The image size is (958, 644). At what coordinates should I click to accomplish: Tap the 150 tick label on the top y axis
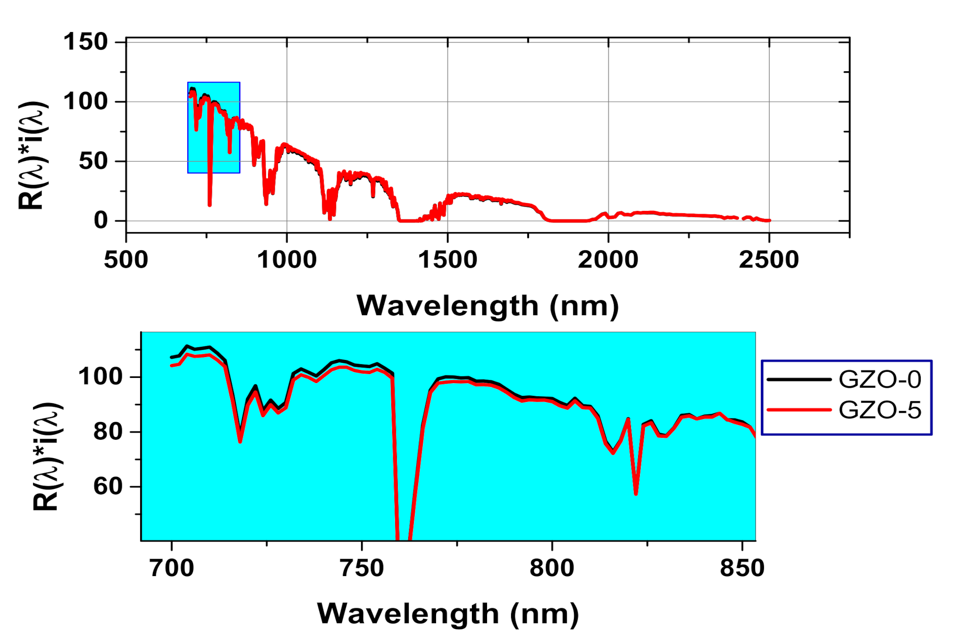click(x=86, y=42)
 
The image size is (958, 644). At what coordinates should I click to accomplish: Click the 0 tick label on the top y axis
click(x=101, y=221)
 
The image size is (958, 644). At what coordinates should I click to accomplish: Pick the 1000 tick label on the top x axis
click(x=287, y=260)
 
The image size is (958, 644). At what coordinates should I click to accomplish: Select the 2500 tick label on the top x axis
click(x=769, y=260)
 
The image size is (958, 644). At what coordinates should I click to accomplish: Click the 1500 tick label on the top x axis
click(x=447, y=260)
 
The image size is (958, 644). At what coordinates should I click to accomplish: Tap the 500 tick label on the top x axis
click(x=126, y=260)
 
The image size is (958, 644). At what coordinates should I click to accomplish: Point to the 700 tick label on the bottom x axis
click(x=172, y=568)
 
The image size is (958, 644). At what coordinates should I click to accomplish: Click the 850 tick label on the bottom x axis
click(x=742, y=568)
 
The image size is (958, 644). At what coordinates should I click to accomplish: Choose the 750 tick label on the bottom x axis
click(x=362, y=568)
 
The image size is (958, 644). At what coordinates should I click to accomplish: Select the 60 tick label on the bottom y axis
click(x=108, y=486)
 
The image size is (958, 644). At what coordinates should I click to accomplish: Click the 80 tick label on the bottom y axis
click(x=108, y=432)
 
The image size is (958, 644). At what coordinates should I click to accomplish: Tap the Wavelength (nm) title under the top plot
click(x=487, y=306)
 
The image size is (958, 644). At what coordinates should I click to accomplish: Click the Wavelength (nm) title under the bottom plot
click(x=447, y=614)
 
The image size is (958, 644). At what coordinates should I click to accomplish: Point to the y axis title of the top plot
click(x=32, y=156)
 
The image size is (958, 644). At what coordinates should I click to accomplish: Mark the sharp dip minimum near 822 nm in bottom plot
click(x=636, y=493)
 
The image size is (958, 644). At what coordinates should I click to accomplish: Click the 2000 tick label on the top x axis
click(x=608, y=260)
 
